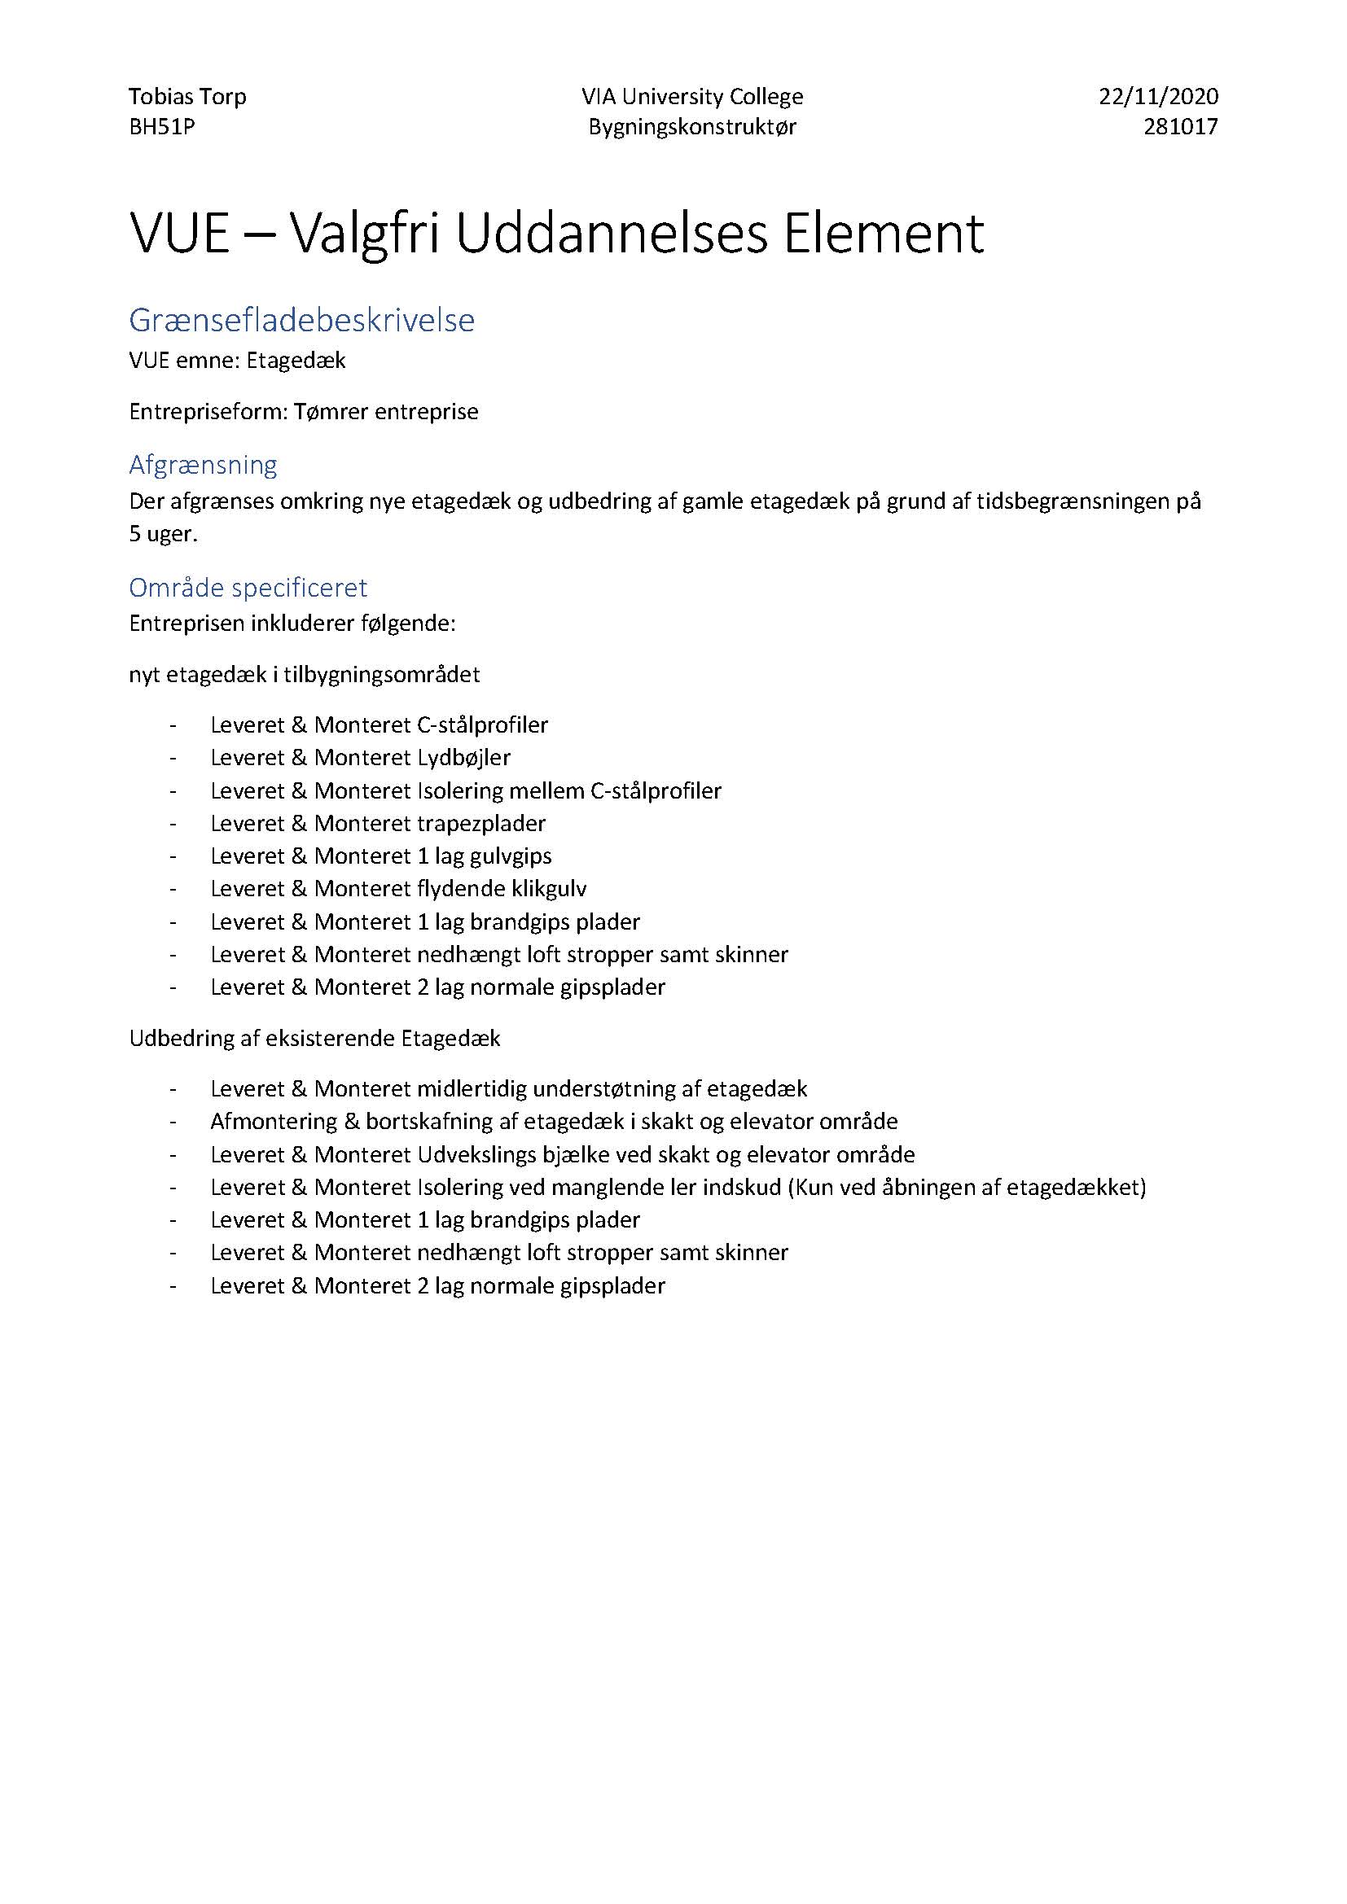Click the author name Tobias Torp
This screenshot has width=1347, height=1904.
(187, 97)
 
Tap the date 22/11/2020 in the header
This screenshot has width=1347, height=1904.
(1159, 97)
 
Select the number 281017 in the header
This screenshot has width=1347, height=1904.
(1180, 127)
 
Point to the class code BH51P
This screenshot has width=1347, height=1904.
(162, 127)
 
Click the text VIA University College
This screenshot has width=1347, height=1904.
(692, 97)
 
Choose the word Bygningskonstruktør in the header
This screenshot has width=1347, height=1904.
(692, 127)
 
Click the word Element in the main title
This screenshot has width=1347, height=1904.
(883, 234)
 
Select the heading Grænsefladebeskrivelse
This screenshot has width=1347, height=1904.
(302, 320)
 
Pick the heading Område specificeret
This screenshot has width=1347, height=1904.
(248, 588)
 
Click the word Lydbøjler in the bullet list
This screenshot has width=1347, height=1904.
(463, 758)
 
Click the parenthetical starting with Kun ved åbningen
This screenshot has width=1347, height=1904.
(967, 1188)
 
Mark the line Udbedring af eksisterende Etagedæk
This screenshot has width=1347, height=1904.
(314, 1039)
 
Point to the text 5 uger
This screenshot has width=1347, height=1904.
(164, 534)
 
